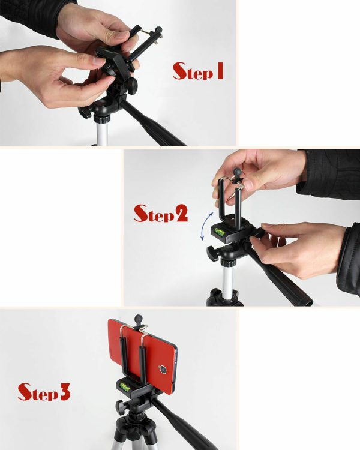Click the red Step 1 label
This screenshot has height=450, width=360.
[198, 71]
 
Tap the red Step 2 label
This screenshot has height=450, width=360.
[161, 213]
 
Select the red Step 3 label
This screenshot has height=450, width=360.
[44, 392]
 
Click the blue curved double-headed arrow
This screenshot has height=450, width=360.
[206, 226]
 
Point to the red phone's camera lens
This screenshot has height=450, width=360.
[163, 370]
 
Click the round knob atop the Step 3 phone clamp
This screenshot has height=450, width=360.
[139, 319]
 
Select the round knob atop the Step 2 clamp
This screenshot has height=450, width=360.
[238, 172]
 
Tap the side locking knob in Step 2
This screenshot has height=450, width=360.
[212, 253]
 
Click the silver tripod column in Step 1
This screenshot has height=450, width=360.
[102, 133]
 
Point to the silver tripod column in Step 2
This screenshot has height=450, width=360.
[227, 283]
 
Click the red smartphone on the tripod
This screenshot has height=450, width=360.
[142, 356]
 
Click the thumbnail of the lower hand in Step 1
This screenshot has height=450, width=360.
[100, 61]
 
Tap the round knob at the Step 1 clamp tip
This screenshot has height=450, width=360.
[158, 30]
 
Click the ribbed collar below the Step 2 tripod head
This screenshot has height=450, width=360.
[227, 263]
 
